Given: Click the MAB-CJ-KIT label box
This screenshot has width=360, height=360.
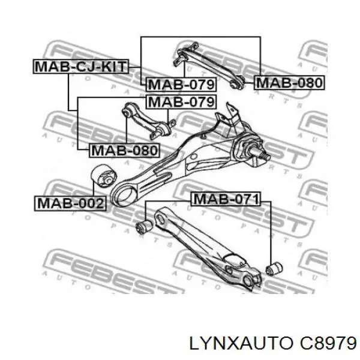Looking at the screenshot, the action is point(81,67).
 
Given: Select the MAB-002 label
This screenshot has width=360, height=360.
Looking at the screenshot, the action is point(70,203).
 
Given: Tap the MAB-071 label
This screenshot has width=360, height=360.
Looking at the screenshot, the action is point(226,199).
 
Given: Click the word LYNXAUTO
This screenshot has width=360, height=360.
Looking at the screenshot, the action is point(241,344).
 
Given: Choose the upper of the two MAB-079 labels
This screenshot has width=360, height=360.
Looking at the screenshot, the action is point(181,84).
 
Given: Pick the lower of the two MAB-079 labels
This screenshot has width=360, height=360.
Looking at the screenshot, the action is point(181,101).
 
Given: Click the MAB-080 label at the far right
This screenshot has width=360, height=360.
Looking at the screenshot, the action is point(289,82).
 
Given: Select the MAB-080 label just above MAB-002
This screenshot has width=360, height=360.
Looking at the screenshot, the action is point(124,151).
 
